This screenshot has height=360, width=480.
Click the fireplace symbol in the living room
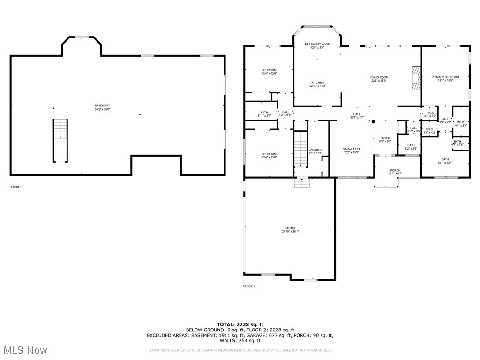tap(416, 77)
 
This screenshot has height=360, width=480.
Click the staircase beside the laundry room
tap(300, 149)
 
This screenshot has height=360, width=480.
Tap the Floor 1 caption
tap(15, 187)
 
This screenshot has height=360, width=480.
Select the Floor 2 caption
tap(249, 286)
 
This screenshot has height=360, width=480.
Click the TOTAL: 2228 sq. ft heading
tap(240, 324)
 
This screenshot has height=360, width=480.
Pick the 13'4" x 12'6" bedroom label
tap(269, 72)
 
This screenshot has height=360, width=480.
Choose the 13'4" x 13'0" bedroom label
tap(269, 156)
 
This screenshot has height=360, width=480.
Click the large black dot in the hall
tap(373, 122)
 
